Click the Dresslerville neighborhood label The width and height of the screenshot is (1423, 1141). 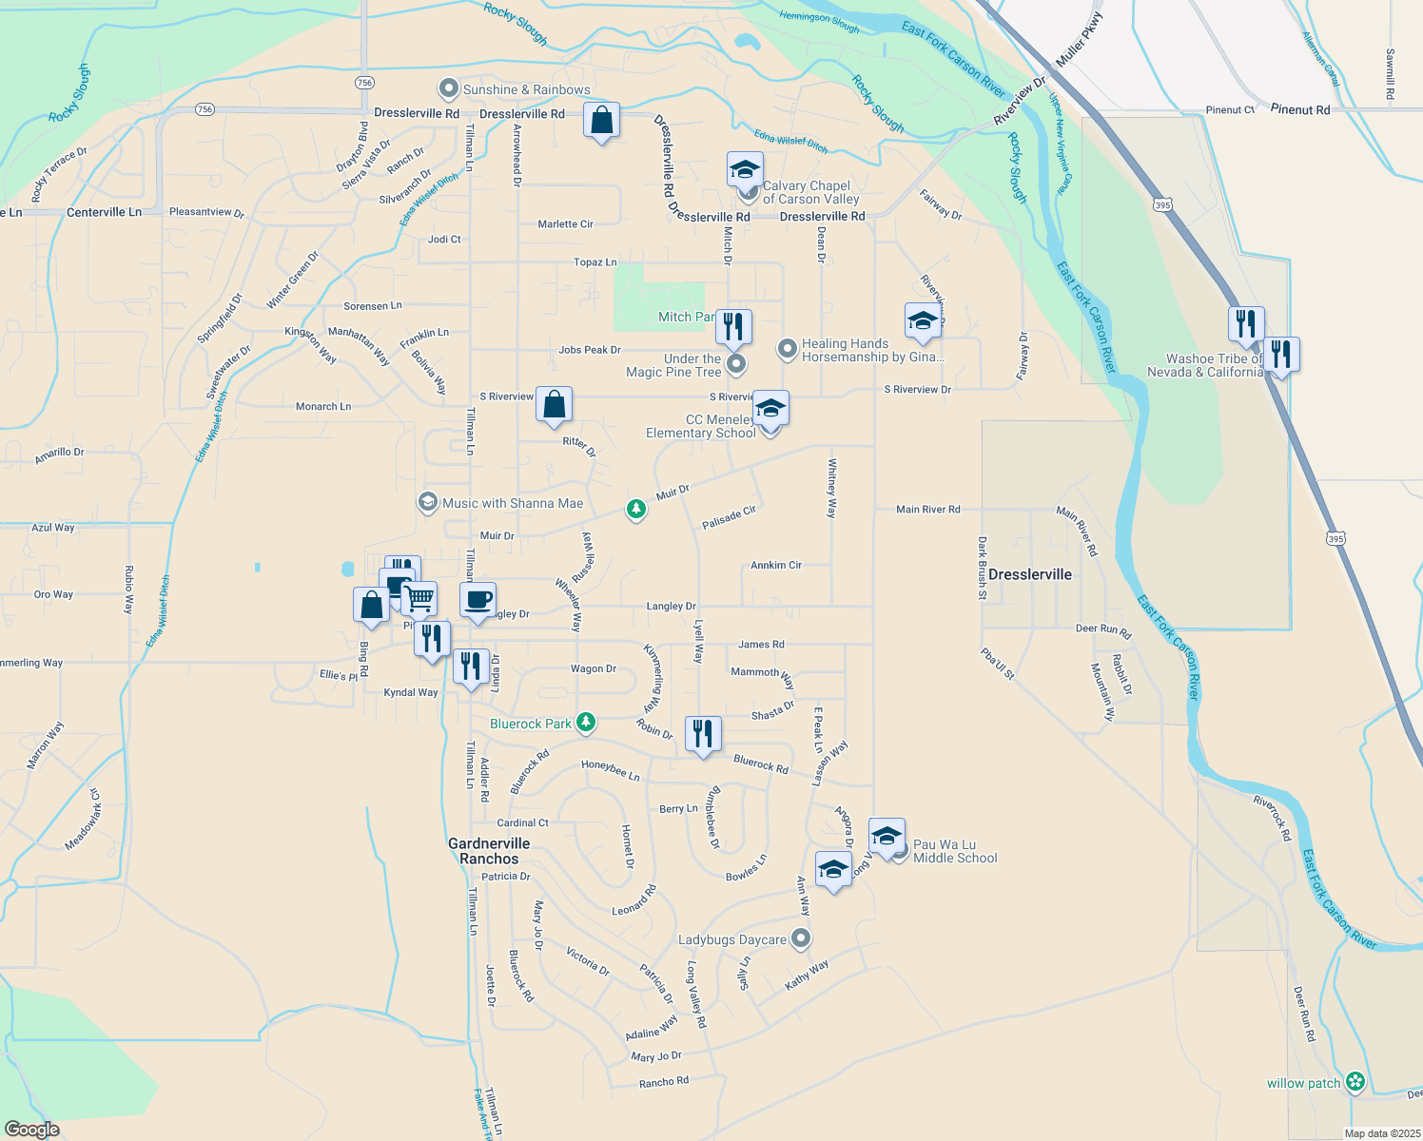(x=1029, y=574)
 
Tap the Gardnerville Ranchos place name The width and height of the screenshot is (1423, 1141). (x=489, y=851)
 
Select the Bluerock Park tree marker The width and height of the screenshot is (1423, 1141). (x=586, y=723)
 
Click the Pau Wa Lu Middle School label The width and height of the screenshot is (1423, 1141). (x=955, y=851)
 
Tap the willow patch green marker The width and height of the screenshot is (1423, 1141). (x=1355, y=1082)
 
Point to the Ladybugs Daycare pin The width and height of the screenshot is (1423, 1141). (x=801, y=938)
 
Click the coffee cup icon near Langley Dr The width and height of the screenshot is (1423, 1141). (x=478, y=600)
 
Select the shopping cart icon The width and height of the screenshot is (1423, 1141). (x=419, y=599)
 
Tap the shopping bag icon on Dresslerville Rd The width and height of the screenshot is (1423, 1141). (x=601, y=121)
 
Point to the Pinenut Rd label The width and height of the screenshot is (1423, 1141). (x=1300, y=110)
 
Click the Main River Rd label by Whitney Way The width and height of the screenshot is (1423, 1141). (x=927, y=510)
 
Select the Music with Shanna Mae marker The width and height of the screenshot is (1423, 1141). (x=428, y=502)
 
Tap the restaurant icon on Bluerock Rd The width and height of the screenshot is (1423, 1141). (x=702, y=733)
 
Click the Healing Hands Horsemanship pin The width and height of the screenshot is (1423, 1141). (x=788, y=349)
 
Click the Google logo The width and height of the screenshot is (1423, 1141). (x=32, y=1130)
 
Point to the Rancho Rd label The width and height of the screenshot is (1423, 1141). (x=663, y=1082)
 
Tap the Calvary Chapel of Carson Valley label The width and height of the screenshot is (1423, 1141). (x=810, y=192)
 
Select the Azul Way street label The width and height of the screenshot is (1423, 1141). (x=53, y=528)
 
